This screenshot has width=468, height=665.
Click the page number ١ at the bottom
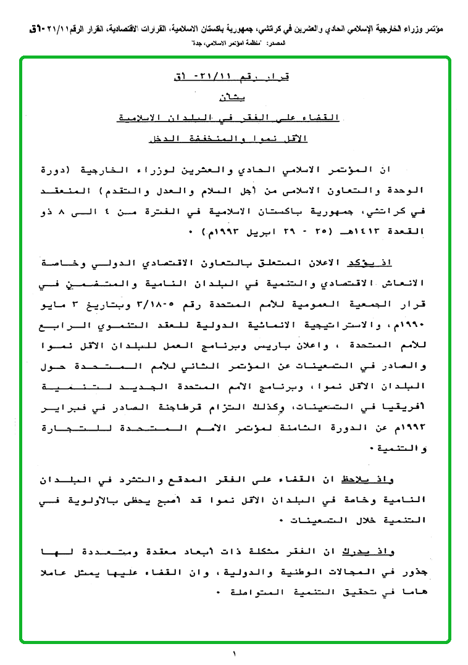coord(235,653)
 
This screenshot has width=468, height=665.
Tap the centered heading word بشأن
coord(232,97)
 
